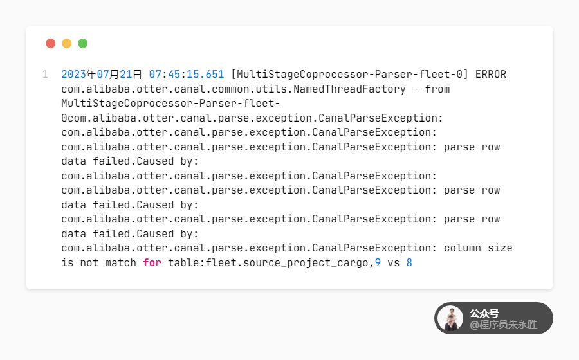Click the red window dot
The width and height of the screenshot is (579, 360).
51,44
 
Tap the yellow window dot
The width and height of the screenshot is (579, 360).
67,44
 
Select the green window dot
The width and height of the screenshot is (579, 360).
83,44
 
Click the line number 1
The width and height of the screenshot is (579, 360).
45,75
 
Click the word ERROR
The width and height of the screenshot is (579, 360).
491,75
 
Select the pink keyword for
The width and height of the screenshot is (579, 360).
152,262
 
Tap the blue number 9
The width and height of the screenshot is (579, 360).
378,262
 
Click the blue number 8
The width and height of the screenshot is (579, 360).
409,262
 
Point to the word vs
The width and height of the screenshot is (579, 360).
394,262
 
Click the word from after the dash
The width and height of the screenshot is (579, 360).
437,89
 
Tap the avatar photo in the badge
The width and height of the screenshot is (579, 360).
450,318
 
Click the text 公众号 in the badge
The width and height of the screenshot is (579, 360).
484,313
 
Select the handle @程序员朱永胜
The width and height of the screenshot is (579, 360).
503,325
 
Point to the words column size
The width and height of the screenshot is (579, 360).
478,248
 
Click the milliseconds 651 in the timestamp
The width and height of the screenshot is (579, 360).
215,75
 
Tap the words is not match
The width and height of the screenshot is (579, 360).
99,262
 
